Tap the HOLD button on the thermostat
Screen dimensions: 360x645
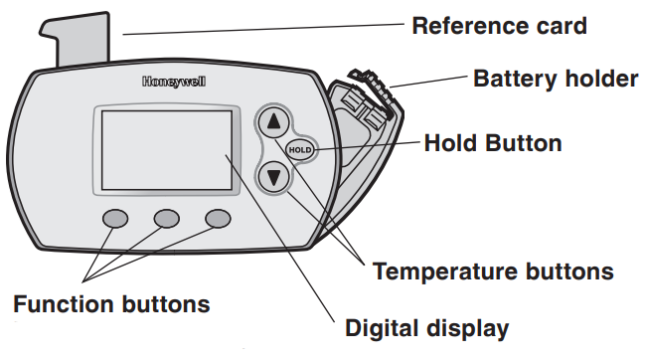click(x=299, y=150)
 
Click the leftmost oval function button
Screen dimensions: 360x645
click(x=116, y=218)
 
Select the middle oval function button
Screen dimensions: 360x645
click(x=166, y=218)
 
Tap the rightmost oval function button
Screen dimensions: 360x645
click(x=218, y=218)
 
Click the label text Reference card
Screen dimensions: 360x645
click(x=499, y=25)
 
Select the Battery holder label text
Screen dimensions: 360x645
click(x=555, y=78)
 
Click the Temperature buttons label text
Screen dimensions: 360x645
click(x=493, y=270)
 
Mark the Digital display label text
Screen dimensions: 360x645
click(x=426, y=327)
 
